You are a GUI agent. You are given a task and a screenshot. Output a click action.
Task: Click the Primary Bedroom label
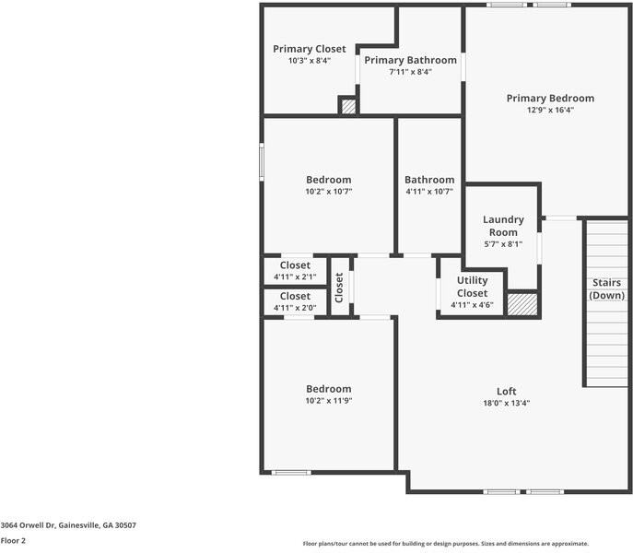pyautogui.click(x=550, y=98)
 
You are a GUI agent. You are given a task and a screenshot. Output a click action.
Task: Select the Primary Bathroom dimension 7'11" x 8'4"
pyautogui.click(x=410, y=72)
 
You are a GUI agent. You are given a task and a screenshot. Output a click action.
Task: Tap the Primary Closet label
pyautogui.click(x=309, y=49)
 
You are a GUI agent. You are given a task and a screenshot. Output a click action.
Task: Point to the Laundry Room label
pyautogui.click(x=503, y=226)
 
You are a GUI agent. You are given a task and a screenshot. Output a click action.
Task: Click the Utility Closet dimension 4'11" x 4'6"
pyautogui.click(x=472, y=305)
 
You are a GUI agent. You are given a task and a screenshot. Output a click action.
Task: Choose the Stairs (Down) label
pyautogui.click(x=607, y=288)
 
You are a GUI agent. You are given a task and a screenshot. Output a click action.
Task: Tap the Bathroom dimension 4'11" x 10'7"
pyautogui.click(x=429, y=192)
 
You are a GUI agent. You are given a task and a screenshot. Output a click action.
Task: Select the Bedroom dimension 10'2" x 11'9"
pyautogui.click(x=329, y=401)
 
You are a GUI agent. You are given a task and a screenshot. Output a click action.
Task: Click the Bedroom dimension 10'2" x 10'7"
pyautogui.click(x=329, y=192)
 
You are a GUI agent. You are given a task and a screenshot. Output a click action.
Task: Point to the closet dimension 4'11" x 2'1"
pyautogui.click(x=295, y=276)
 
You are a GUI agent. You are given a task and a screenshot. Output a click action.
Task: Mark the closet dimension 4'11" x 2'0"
pyautogui.click(x=295, y=308)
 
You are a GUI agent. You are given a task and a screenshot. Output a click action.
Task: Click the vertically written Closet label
pyautogui.click(x=339, y=288)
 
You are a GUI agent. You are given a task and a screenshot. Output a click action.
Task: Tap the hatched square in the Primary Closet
pyautogui.click(x=348, y=107)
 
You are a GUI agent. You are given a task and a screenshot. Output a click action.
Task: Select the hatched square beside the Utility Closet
pyautogui.click(x=522, y=305)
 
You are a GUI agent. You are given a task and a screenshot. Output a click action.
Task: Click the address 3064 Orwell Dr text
pyautogui.click(x=68, y=525)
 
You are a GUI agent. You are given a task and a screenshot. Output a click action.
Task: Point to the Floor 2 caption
pyautogui.click(x=13, y=541)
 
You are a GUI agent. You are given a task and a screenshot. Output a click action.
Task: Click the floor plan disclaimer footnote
pyautogui.click(x=446, y=544)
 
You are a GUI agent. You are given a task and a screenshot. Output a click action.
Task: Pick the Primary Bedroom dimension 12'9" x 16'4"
pyautogui.click(x=550, y=110)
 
